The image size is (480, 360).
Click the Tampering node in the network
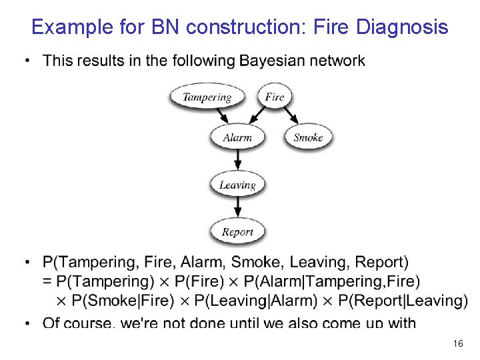pyautogui.click(x=207, y=97)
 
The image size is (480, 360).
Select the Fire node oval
pyautogui.click(x=274, y=97)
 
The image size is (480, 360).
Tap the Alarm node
pyautogui.click(x=237, y=138)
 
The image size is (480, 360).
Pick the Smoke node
pyautogui.click(x=308, y=138)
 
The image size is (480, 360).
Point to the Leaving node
pyautogui.click(x=237, y=185)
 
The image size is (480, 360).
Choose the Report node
pyautogui.click(x=237, y=232)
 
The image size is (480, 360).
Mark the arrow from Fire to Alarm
pyautogui.click(x=259, y=116)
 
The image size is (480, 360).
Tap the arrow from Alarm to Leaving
pyautogui.click(x=238, y=161)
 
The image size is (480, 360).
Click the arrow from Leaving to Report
pyautogui.click(x=238, y=208)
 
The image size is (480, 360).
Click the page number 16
pyautogui.click(x=457, y=343)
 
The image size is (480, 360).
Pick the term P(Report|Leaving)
pyautogui.click(x=403, y=301)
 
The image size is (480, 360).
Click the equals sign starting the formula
pyautogui.click(x=47, y=281)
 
